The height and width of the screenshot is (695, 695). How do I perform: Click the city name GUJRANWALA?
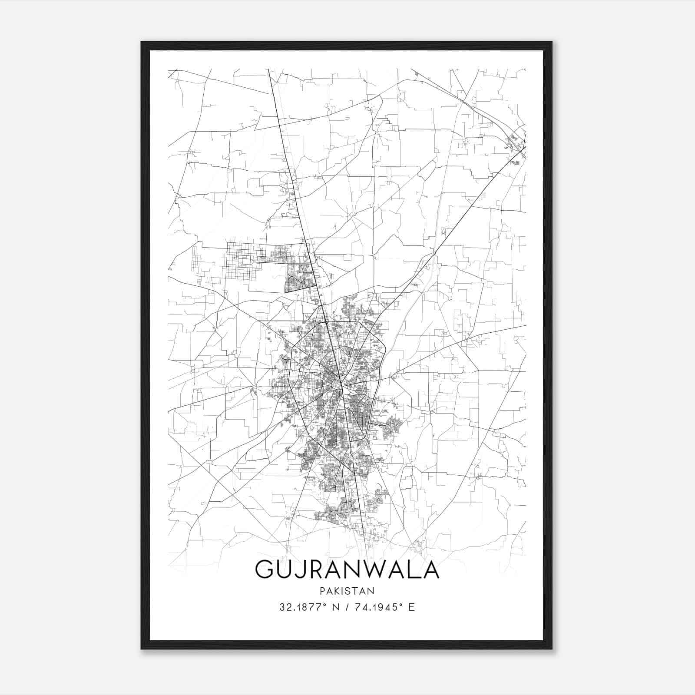(x=347, y=569)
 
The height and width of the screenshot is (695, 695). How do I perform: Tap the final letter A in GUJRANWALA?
(x=430, y=569)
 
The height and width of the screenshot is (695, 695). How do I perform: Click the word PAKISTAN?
(x=347, y=591)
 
